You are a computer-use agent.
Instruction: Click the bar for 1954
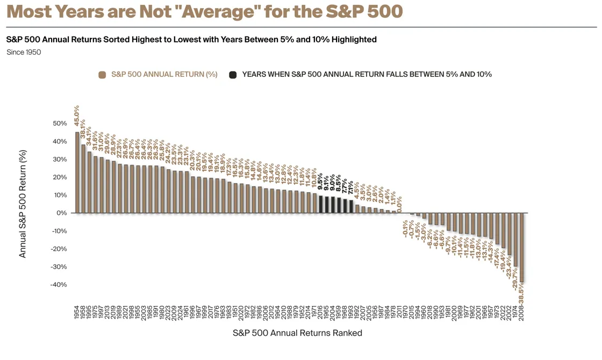click(x=77, y=172)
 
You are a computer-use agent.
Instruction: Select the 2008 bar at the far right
click(x=521, y=247)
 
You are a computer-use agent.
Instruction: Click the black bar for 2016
click(x=321, y=204)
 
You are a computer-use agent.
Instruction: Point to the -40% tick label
click(x=58, y=285)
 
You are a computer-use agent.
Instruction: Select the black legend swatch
click(x=233, y=75)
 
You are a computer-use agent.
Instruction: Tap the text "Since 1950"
click(x=24, y=52)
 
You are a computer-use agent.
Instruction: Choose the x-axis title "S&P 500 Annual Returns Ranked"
click(x=297, y=333)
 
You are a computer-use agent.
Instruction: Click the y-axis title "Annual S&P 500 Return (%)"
click(x=23, y=204)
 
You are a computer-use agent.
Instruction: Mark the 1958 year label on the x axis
click(x=83, y=312)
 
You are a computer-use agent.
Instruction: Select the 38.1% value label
click(x=83, y=129)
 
